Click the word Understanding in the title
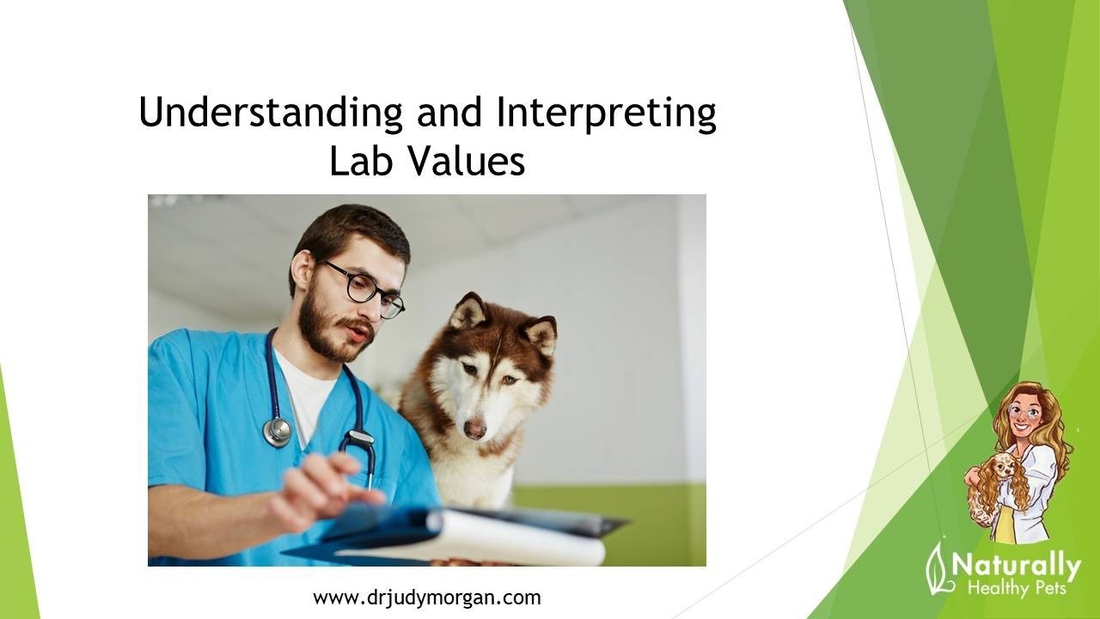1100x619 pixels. (x=271, y=112)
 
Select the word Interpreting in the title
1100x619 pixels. (x=606, y=113)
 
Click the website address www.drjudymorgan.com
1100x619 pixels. (x=427, y=598)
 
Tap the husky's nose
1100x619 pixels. (x=475, y=429)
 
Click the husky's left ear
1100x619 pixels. (x=541, y=334)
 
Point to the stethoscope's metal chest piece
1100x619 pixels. (x=277, y=432)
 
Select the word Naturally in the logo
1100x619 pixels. (x=1017, y=567)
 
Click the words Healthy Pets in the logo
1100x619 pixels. (x=1017, y=588)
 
